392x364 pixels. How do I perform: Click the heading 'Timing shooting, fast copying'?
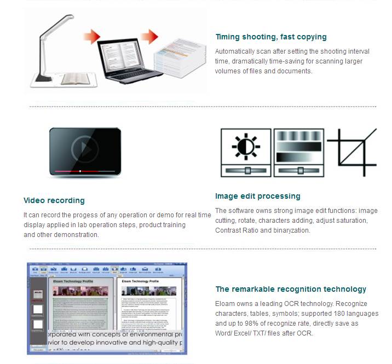tap(270, 37)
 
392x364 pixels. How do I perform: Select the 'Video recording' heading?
tap(54, 200)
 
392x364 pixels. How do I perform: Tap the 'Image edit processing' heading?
tap(257, 196)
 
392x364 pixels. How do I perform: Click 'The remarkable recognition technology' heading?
tap(291, 289)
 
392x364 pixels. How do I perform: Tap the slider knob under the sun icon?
tap(247, 170)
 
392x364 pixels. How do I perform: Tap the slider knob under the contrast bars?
tap(301, 170)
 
